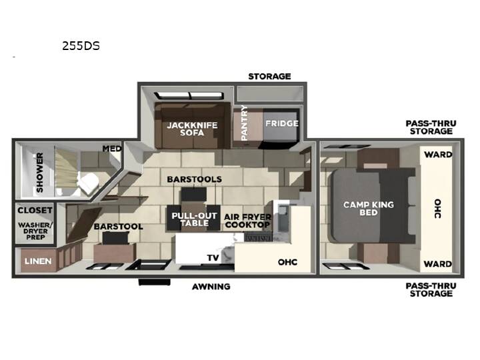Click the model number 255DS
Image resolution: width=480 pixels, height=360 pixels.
pyautogui.click(x=81, y=46)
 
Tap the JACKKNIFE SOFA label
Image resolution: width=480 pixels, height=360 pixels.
pyautogui.click(x=192, y=129)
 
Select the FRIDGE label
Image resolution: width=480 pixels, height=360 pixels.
pyautogui.click(x=281, y=123)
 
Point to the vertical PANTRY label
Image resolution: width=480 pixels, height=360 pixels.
pyautogui.click(x=244, y=123)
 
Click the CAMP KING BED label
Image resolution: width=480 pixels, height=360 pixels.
pyautogui.click(x=369, y=209)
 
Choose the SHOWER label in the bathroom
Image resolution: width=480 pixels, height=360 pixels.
pyautogui.click(x=40, y=173)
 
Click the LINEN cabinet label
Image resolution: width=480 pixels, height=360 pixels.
pyautogui.click(x=38, y=261)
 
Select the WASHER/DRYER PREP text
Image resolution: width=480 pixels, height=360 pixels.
pyautogui.click(x=35, y=231)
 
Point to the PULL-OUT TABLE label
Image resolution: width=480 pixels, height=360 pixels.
pyautogui.click(x=194, y=219)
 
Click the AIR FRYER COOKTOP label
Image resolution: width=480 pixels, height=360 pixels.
pyautogui.click(x=247, y=221)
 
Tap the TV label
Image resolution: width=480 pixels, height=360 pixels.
pyautogui.click(x=213, y=258)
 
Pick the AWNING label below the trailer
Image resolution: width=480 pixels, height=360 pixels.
pyautogui.click(x=211, y=287)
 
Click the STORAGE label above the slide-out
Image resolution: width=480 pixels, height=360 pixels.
pyautogui.click(x=269, y=76)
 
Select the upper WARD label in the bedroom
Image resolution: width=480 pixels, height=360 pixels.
pyautogui.click(x=438, y=155)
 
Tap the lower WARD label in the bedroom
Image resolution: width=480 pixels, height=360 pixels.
pyautogui.click(x=438, y=263)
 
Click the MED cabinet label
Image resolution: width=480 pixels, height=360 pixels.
pyautogui.click(x=112, y=149)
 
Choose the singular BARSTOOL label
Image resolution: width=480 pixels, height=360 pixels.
pyautogui.click(x=119, y=227)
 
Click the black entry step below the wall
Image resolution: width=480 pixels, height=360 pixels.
pyautogui.click(x=154, y=282)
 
